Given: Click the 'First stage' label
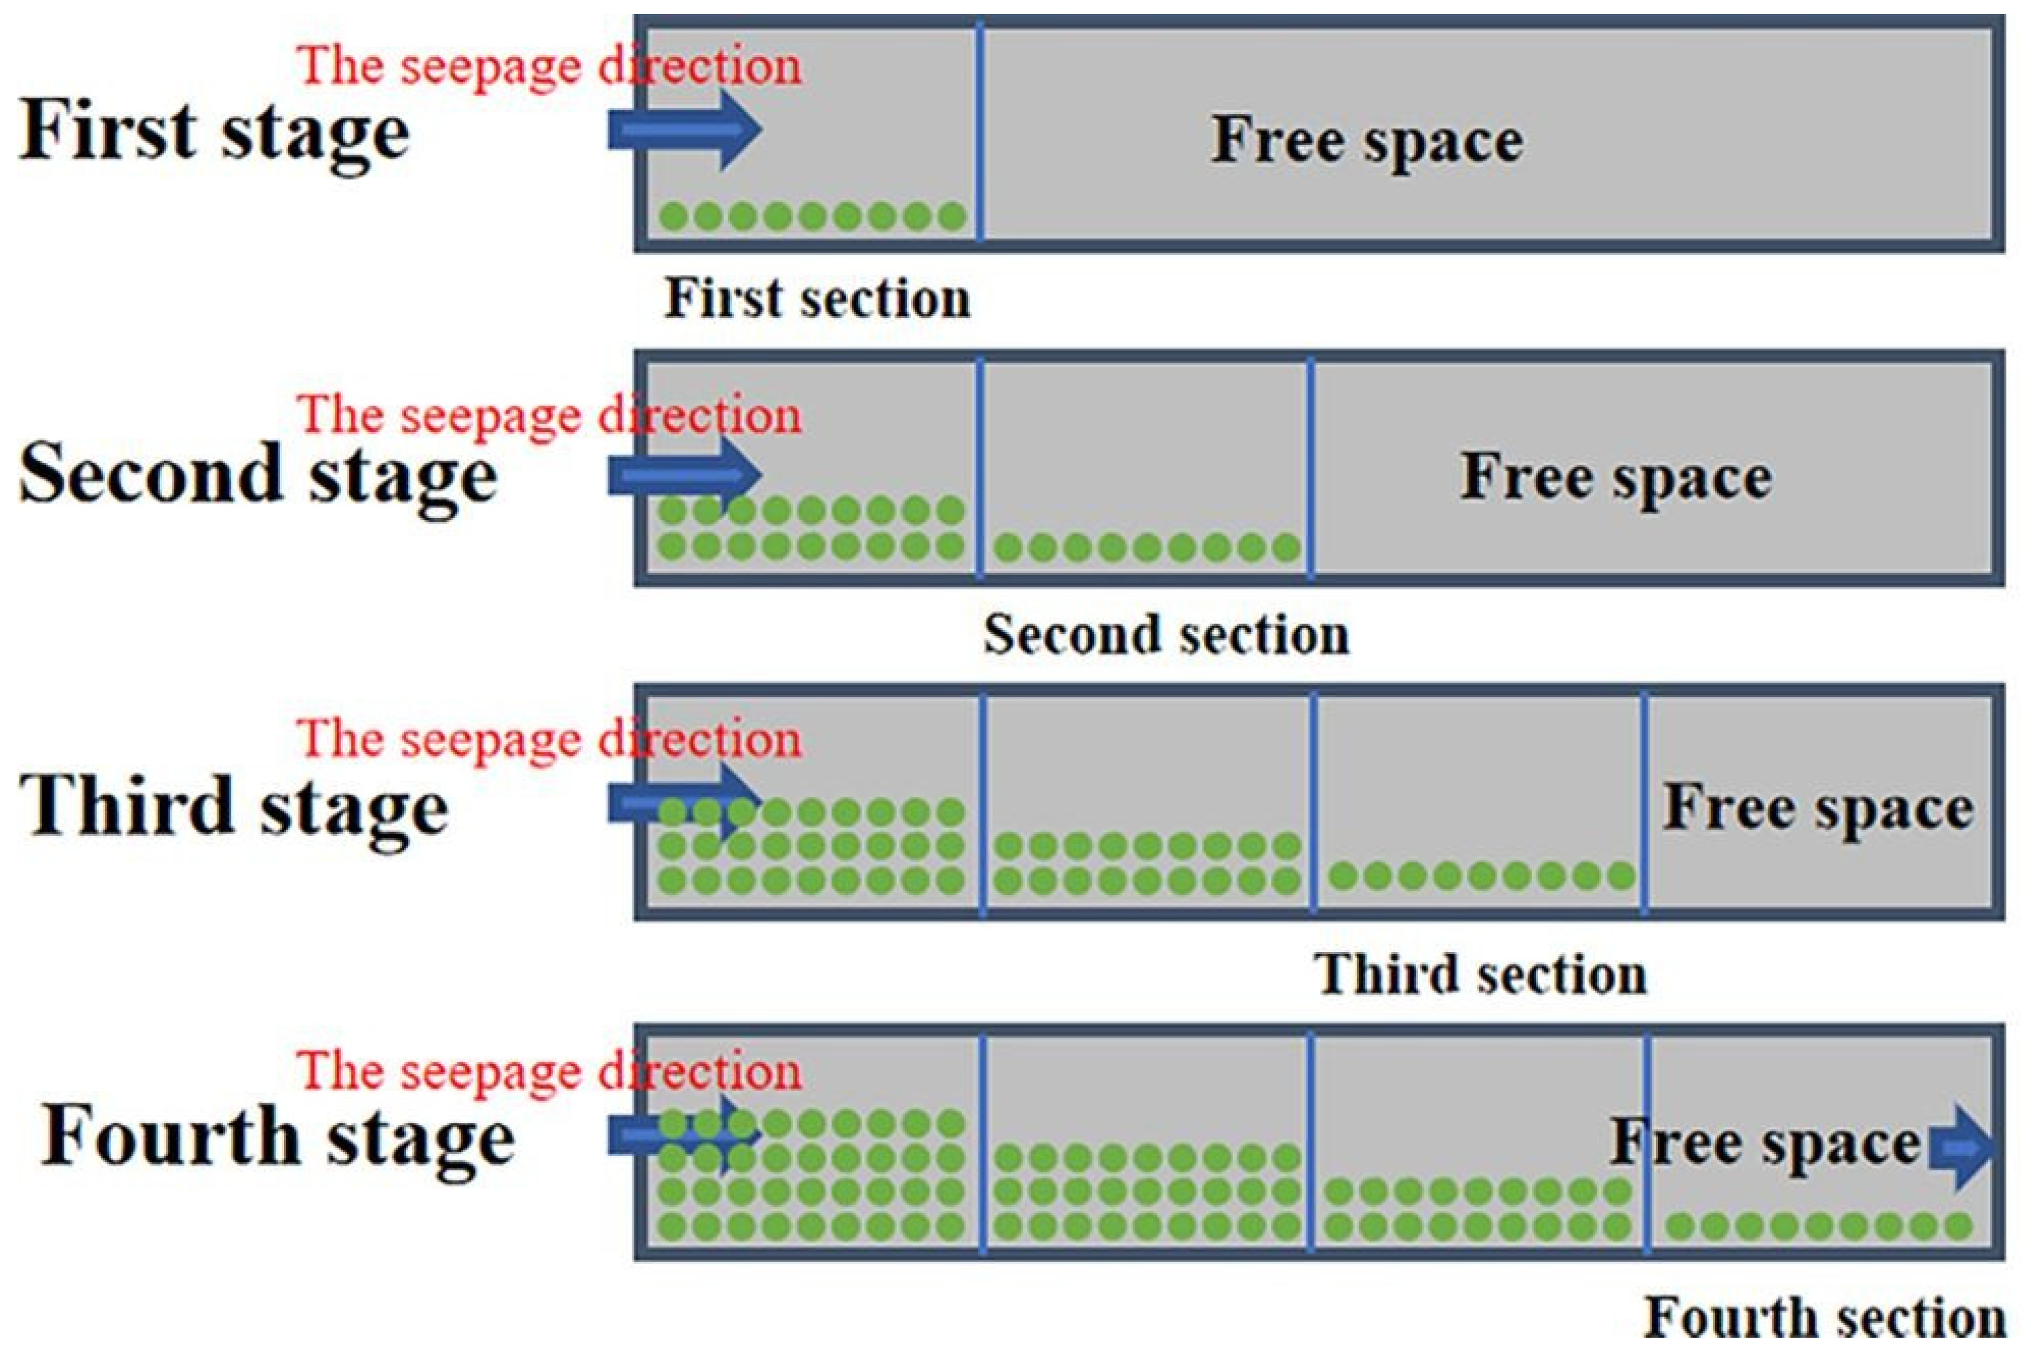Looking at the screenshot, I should [x=214, y=131].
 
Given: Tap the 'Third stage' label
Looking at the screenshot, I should [x=234, y=806].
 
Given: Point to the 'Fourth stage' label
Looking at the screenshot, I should [x=278, y=1137].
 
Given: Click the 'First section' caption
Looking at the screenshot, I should [x=817, y=299].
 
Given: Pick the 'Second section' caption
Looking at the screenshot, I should [x=1166, y=635].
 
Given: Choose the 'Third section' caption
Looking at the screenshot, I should [x=1480, y=975].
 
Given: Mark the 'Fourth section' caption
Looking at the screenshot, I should [x=1824, y=1318].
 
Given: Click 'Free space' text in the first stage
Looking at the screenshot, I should [x=1367, y=140].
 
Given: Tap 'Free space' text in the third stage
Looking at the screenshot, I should [x=1818, y=809].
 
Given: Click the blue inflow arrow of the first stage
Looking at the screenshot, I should [x=685, y=130].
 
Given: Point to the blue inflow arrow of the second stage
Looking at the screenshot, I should [x=685, y=475].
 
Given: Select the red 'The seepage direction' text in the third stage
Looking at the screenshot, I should [x=549, y=740].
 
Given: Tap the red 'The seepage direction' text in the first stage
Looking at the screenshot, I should [x=549, y=66].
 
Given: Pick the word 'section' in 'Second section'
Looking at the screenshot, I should [x=1265, y=635].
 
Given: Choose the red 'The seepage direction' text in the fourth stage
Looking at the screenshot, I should [x=549, y=1072].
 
